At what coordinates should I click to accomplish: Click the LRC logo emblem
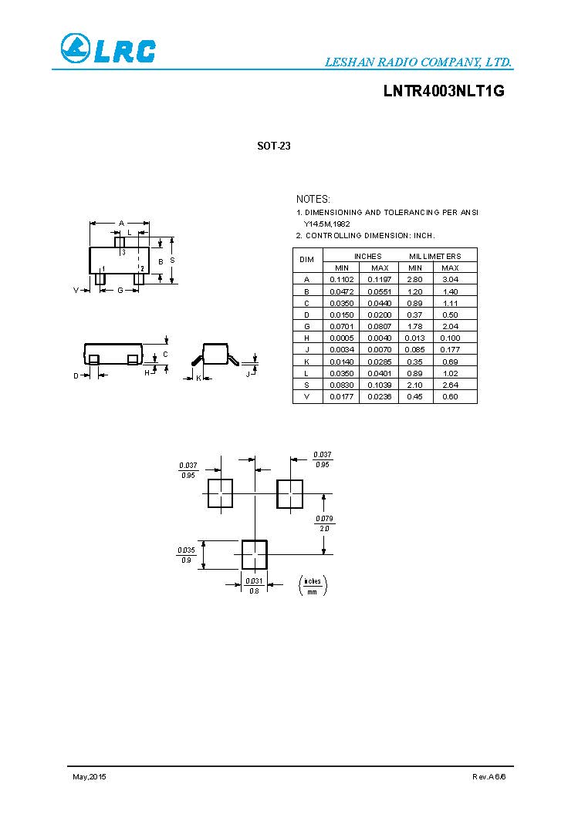76,49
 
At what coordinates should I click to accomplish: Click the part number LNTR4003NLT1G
444,91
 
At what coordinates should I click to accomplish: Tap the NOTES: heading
313,199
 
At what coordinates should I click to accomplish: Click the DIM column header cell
306,261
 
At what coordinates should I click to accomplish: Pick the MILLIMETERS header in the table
434,256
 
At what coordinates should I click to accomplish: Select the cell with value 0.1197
379,279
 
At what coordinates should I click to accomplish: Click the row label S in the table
306,385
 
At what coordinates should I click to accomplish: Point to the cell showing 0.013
414,338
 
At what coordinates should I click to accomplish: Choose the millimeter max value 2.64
450,385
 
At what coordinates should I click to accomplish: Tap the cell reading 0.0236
379,396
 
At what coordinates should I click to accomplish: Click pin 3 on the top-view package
120,243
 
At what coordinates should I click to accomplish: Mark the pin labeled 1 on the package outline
100,277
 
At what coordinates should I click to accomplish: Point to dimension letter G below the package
120,290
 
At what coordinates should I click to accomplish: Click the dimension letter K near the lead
198,378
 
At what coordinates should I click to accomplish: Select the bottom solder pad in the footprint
255,554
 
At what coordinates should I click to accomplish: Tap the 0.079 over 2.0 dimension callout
324,523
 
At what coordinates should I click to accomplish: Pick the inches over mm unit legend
313,586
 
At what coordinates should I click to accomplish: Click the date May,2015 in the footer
89,776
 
